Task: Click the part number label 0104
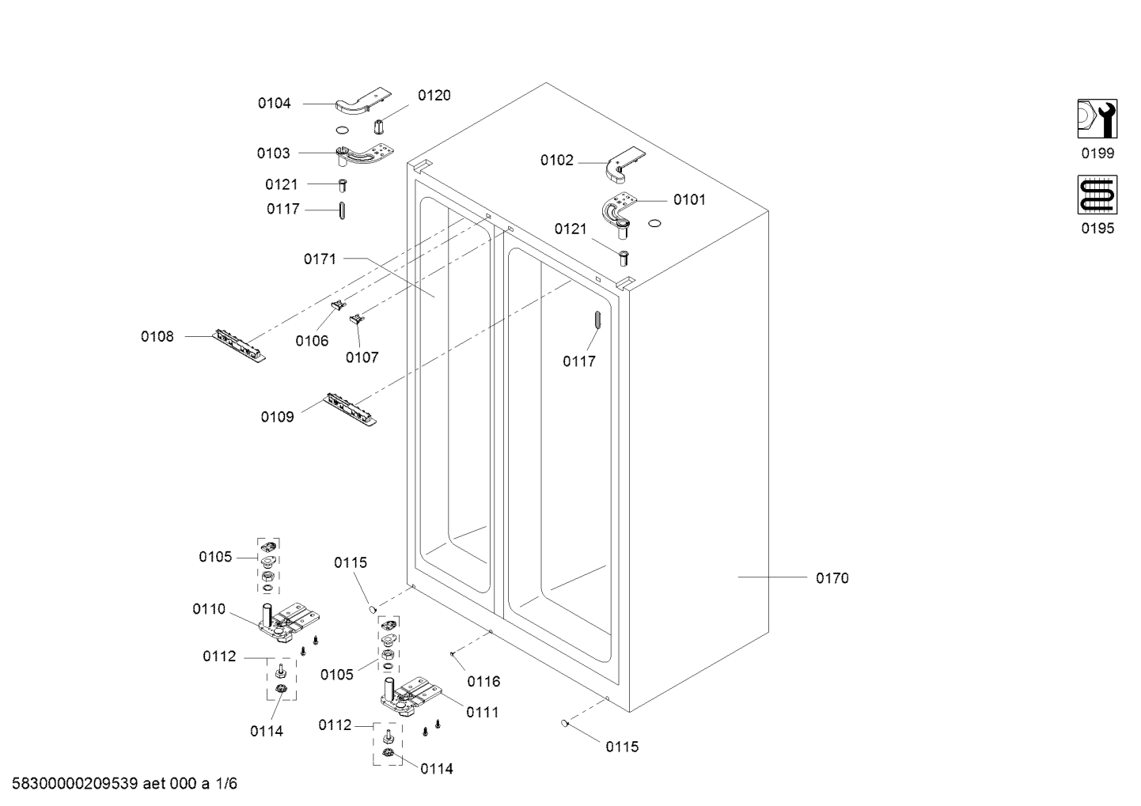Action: click(274, 104)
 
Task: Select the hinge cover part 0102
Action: click(625, 165)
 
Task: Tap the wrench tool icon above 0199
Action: click(1097, 119)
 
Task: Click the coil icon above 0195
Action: click(1097, 195)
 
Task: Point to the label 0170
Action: click(832, 578)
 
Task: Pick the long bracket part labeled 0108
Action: click(239, 345)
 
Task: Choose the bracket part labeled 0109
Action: click(351, 409)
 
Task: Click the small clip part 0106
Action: click(338, 305)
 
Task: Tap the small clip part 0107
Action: click(357, 319)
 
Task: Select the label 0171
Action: click(320, 259)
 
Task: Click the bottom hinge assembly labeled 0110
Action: click(287, 624)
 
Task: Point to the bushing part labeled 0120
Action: click(378, 126)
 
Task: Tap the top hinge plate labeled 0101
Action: click(619, 210)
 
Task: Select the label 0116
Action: click(484, 681)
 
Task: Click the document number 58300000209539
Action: click(75, 783)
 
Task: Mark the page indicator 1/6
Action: click(226, 783)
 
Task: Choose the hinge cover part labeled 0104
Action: click(363, 102)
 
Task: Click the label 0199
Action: click(1097, 153)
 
